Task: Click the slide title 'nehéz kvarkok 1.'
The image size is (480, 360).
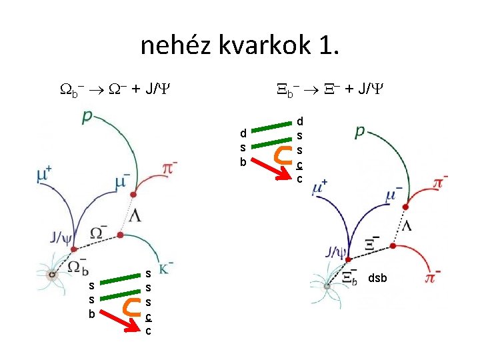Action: click(240, 45)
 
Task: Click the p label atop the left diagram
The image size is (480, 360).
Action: click(87, 117)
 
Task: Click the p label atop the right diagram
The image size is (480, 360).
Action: click(359, 131)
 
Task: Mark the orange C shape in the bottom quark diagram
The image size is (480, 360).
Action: click(131, 306)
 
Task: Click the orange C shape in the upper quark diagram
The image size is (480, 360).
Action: click(283, 154)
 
